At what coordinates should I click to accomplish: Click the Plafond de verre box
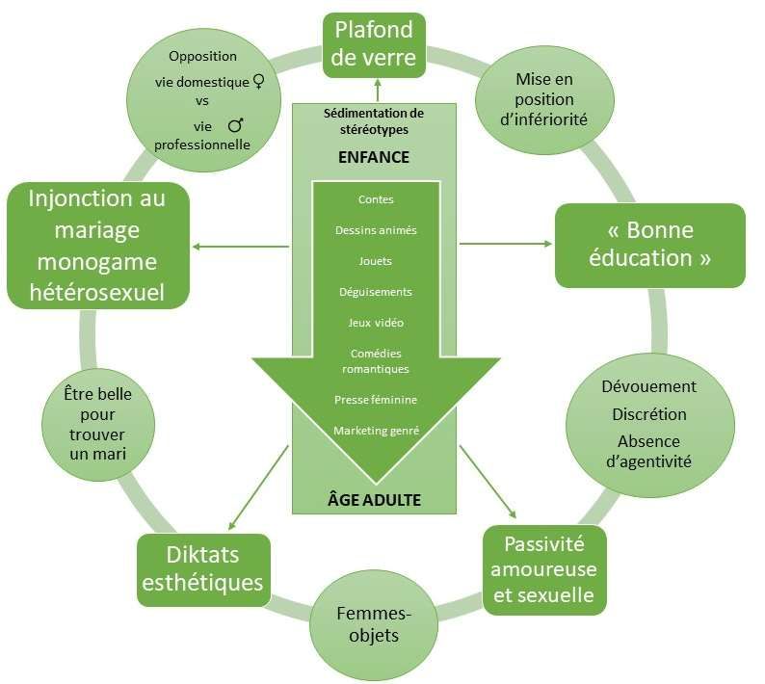pyautogui.click(x=375, y=42)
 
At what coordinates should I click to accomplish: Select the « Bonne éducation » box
pyautogui.click(x=649, y=245)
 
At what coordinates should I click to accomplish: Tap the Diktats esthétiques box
pyautogui.click(x=203, y=568)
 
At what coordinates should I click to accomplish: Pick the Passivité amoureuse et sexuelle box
pyautogui.click(x=543, y=568)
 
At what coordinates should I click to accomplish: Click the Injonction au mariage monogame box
pyautogui.click(x=96, y=246)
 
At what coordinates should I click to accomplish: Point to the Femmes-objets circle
pyautogui.click(x=367, y=623)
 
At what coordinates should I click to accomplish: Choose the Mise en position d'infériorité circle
pyautogui.click(x=544, y=99)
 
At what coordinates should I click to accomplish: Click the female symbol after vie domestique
pyautogui.click(x=257, y=83)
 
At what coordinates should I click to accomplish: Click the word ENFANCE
pyautogui.click(x=374, y=157)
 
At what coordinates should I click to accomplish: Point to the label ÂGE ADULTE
pyautogui.click(x=374, y=500)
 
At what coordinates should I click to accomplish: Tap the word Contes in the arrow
pyautogui.click(x=375, y=200)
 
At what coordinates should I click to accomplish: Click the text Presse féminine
pyautogui.click(x=375, y=399)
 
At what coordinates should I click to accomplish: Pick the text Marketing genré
pyautogui.click(x=376, y=431)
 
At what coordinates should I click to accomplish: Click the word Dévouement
pyautogui.click(x=648, y=386)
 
